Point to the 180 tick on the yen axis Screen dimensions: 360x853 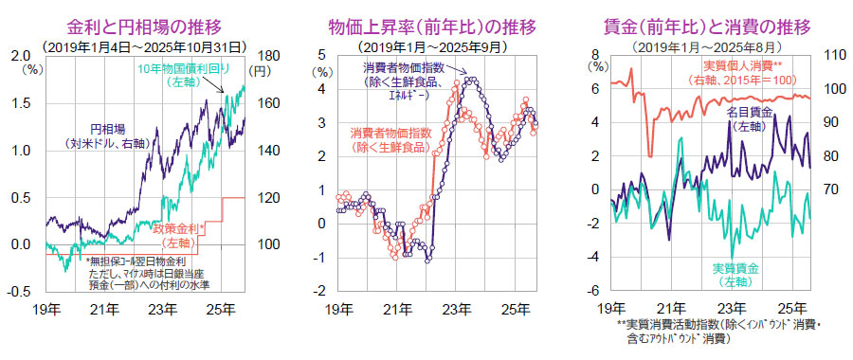point(268,56)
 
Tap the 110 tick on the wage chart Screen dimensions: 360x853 point(834,55)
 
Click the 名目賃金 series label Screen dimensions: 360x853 point(750,118)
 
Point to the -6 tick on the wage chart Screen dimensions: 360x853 point(598,290)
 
